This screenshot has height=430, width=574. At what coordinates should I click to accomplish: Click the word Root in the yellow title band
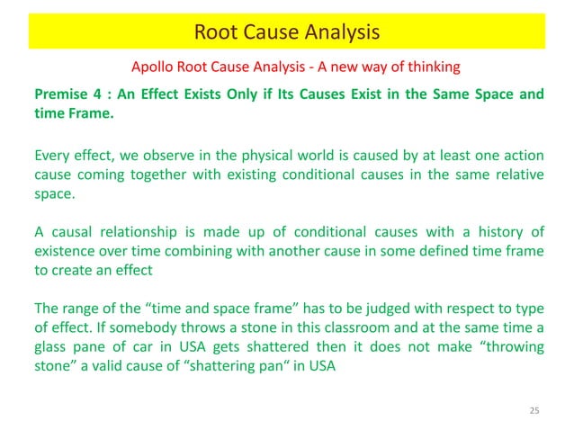point(214,33)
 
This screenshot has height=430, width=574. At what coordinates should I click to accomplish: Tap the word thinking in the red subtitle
point(433,67)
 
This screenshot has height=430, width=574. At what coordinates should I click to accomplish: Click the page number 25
point(534,411)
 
